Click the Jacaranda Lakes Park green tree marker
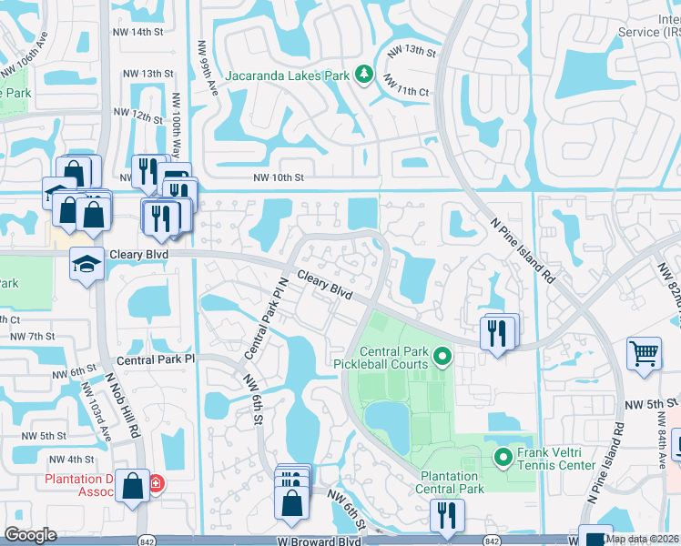(364, 74)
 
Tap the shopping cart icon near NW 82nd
(644, 352)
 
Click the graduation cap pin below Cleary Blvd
(86, 264)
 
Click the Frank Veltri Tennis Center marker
(503, 457)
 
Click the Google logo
(31, 535)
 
